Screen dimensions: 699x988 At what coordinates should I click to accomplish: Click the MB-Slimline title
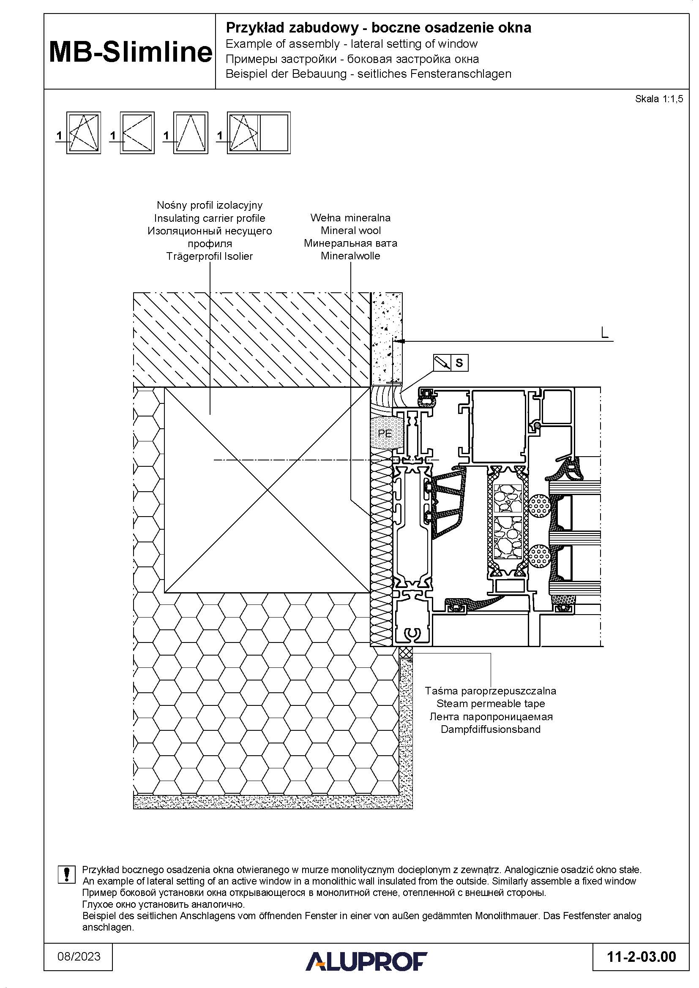tap(131, 52)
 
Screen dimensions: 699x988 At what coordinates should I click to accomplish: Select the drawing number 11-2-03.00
tap(642, 957)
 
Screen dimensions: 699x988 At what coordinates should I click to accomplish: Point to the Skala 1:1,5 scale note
tap(659, 99)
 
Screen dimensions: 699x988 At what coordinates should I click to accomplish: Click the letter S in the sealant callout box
tap(459, 363)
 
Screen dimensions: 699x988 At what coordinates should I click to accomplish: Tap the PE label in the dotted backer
tap(384, 433)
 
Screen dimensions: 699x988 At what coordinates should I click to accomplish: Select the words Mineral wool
tap(351, 230)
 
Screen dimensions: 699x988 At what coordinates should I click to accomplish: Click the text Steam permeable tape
tap(491, 704)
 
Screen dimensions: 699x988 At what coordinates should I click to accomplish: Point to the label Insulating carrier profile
tap(210, 218)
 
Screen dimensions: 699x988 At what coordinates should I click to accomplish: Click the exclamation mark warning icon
tap(67, 874)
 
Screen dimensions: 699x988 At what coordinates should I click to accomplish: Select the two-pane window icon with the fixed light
tap(259, 133)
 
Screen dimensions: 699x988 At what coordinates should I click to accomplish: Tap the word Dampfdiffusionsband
tap(491, 729)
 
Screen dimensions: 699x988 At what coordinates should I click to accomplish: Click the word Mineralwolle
tap(350, 256)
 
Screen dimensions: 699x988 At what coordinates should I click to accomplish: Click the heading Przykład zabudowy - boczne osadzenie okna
tap(378, 28)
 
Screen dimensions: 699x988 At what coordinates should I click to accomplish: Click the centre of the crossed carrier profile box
tap(267, 490)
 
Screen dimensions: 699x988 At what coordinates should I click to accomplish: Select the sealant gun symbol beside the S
tap(442, 363)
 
